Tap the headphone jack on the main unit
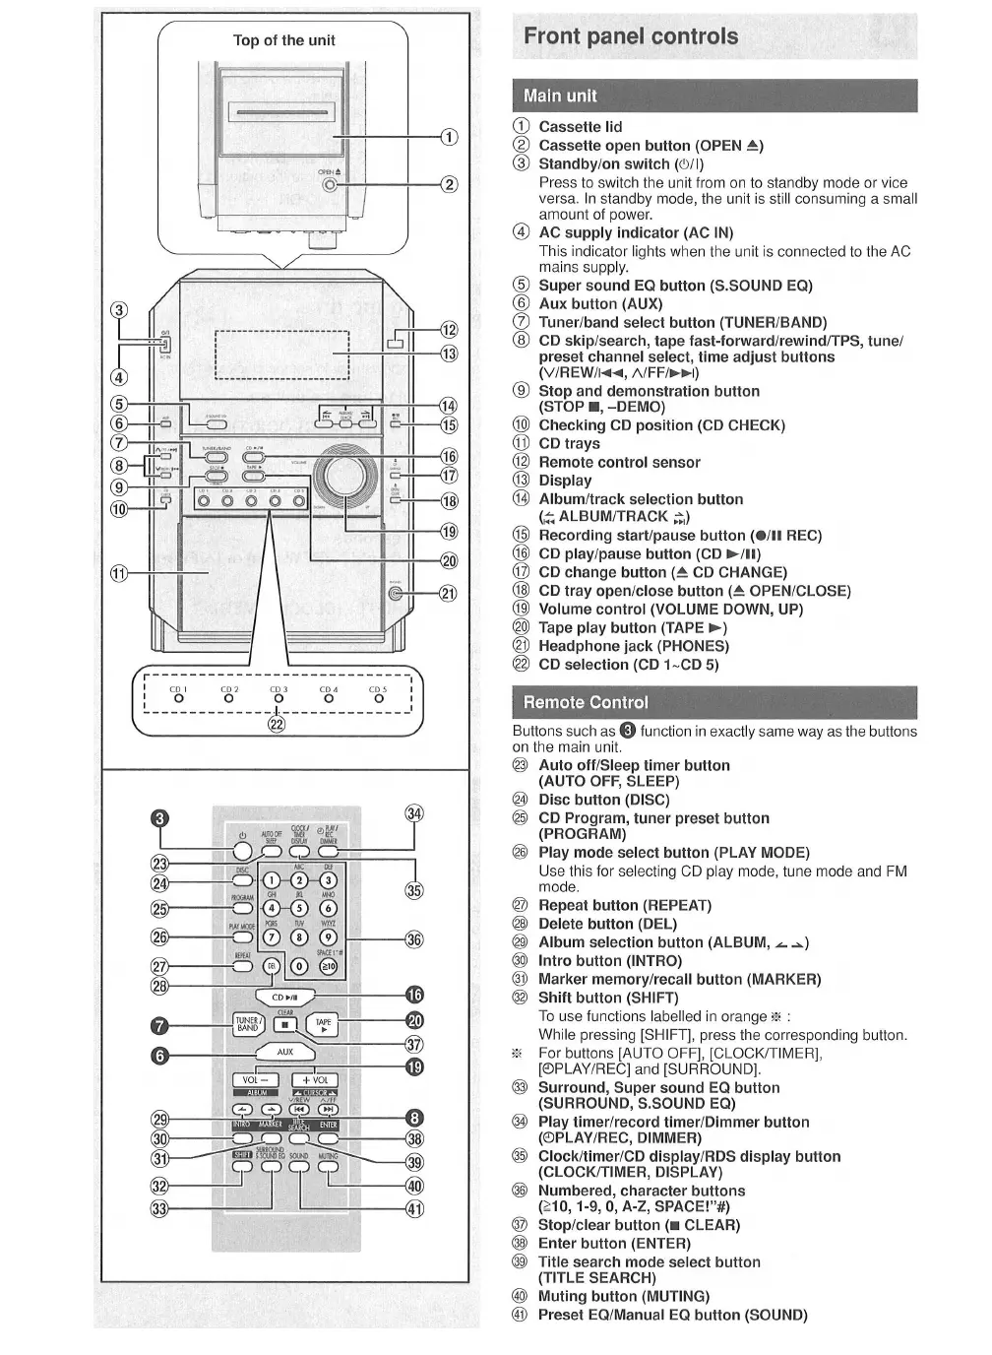click(395, 593)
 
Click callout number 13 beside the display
click(449, 354)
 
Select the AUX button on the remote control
click(284, 1052)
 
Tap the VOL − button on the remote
click(254, 1080)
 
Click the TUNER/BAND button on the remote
click(247, 1024)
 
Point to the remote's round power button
click(242, 851)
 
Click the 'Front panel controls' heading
click(631, 36)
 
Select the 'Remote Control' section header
click(586, 702)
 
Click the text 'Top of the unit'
click(283, 40)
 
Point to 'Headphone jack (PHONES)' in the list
click(633, 646)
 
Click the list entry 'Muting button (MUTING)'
click(623, 1296)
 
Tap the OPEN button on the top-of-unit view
click(330, 184)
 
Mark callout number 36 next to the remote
click(414, 938)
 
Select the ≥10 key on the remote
click(329, 966)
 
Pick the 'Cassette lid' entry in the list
click(580, 127)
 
